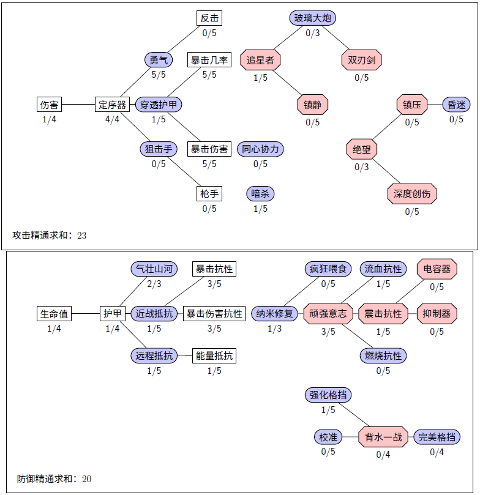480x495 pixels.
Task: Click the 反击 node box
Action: pos(209,18)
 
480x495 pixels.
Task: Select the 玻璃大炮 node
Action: pos(313,18)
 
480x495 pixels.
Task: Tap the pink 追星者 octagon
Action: pos(260,60)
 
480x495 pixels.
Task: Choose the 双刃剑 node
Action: pos(361,60)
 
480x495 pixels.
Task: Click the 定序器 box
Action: pos(112,105)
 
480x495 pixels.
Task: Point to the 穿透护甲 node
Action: pos(159,105)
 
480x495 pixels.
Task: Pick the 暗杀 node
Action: pos(260,194)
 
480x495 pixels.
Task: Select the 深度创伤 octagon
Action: pos(412,194)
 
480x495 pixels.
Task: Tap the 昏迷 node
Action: pos(456,105)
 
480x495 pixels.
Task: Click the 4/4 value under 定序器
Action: pos(112,119)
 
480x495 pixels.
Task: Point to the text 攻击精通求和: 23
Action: pos(50,235)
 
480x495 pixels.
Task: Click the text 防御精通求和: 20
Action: pos(54,478)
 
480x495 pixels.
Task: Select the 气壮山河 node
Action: pos(154,269)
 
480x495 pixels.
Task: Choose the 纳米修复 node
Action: pos(275,314)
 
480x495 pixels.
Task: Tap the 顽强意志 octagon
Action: pos(328,314)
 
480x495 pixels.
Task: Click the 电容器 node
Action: pos(437,269)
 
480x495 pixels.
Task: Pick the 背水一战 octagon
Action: pos(383,437)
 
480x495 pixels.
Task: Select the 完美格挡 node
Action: pos(437,437)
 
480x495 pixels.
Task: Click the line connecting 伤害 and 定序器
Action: pos(78,105)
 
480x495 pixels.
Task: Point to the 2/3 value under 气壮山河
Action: pos(154,283)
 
